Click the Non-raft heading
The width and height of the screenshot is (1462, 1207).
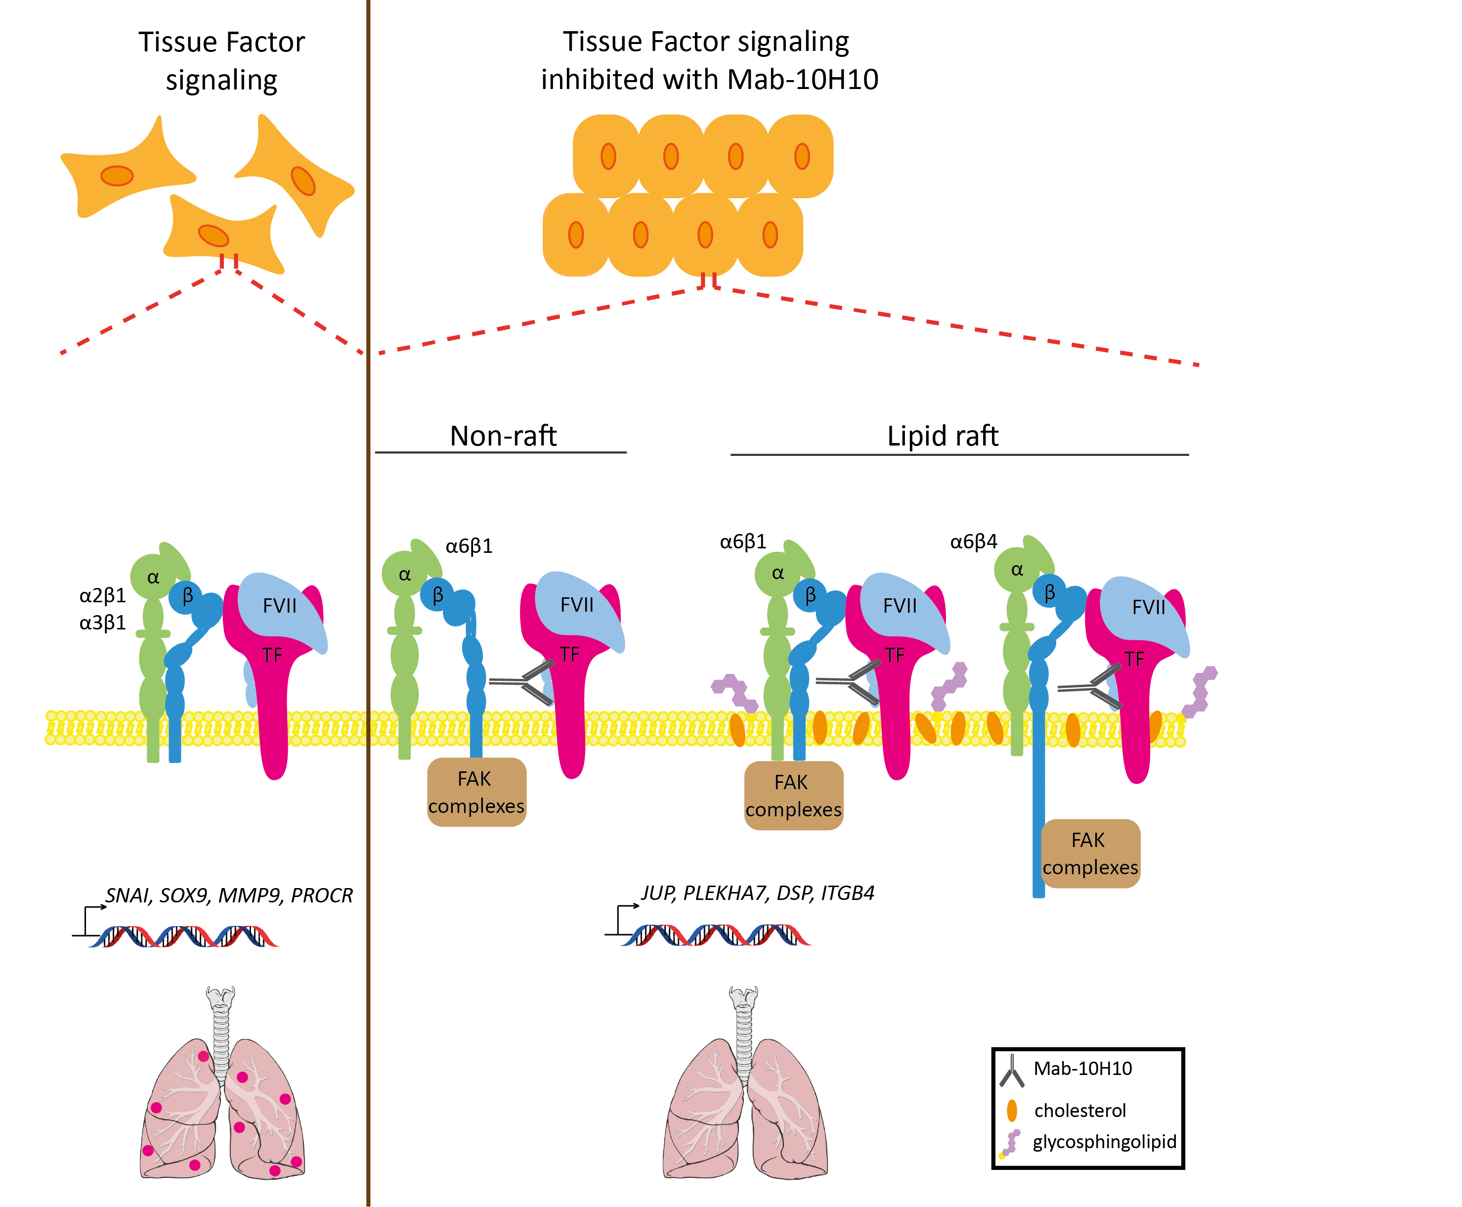pos(503,436)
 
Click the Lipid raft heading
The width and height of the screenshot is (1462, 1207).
pos(942,436)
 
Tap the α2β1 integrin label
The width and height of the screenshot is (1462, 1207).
pos(102,595)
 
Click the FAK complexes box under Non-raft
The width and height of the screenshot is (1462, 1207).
pos(476,792)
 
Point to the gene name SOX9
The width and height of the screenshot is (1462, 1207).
pos(184,895)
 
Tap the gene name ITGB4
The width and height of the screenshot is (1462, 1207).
pos(847,893)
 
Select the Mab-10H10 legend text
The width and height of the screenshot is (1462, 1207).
pos(1082,1068)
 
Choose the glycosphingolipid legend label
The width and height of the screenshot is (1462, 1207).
pos(1104,1142)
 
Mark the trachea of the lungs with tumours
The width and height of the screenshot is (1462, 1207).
pos(221,1029)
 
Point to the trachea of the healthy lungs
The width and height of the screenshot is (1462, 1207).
pos(743,1029)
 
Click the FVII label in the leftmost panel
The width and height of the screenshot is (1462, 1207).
pos(279,606)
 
